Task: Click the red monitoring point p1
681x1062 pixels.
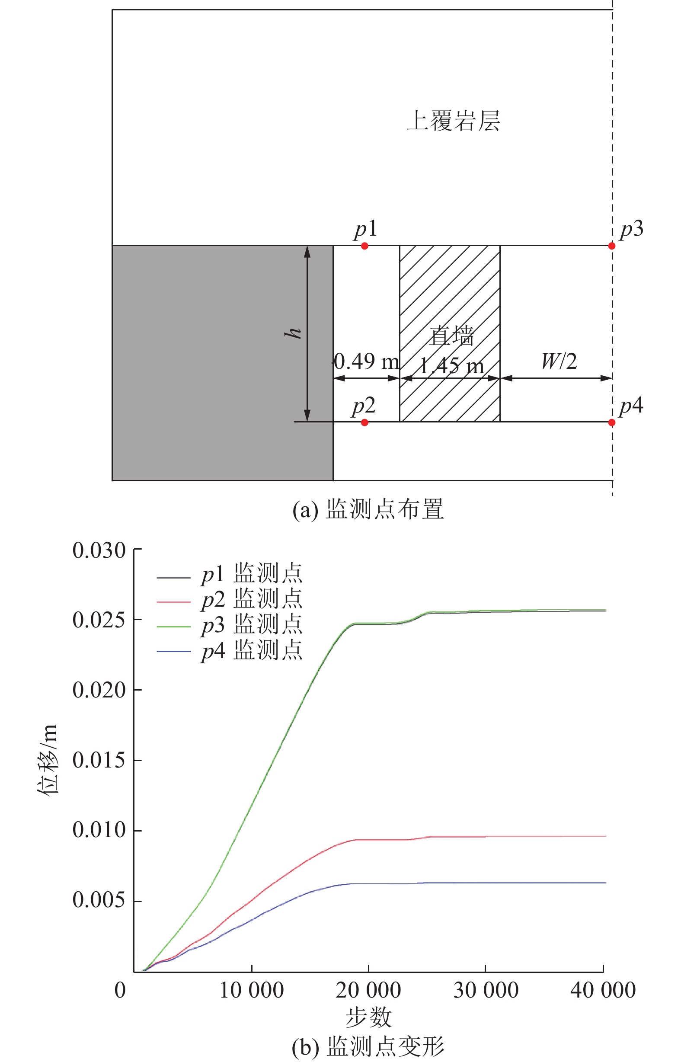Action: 364,246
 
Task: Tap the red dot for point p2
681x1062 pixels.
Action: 364,422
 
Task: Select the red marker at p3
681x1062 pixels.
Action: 611,246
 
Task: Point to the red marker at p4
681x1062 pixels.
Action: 611,422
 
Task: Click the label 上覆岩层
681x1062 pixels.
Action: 453,121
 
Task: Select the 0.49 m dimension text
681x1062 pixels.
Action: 367,361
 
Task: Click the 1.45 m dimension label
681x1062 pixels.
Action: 451,366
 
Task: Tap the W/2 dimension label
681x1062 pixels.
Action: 559,361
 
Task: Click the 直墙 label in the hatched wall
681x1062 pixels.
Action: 451,336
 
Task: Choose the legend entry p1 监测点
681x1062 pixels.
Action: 252,574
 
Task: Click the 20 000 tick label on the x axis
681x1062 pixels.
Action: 368,990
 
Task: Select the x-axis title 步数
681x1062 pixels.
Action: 368,1017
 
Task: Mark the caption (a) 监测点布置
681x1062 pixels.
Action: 368,509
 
